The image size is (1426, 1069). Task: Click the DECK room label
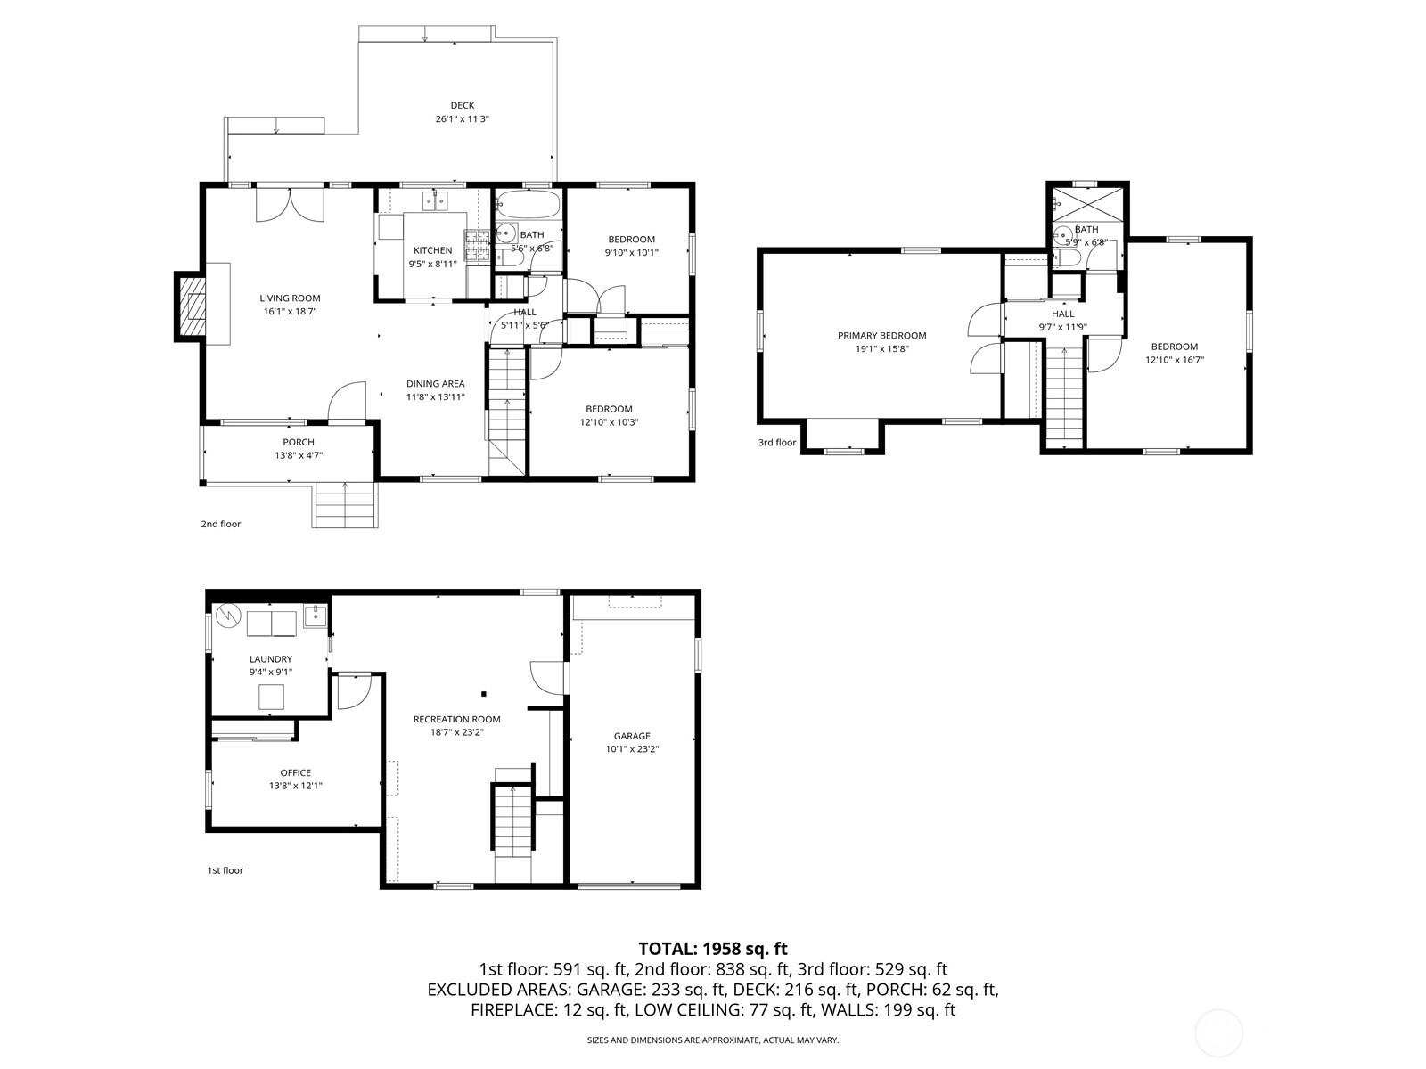(x=462, y=105)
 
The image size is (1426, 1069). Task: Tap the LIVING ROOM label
(x=290, y=298)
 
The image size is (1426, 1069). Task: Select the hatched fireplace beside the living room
(x=191, y=306)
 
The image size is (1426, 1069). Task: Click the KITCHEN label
(x=432, y=250)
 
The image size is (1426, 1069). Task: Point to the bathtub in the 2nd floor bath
(x=528, y=204)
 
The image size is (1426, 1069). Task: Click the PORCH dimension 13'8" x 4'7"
(x=299, y=455)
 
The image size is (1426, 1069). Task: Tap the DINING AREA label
(x=435, y=383)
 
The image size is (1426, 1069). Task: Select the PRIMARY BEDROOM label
(x=881, y=335)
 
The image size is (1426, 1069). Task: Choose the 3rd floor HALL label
(x=1063, y=314)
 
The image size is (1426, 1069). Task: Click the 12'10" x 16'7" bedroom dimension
(x=1175, y=360)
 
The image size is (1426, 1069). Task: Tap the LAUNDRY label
(x=270, y=659)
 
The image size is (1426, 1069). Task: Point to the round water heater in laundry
(x=229, y=616)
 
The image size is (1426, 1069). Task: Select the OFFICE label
(x=296, y=772)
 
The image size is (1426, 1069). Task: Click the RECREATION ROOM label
(x=456, y=719)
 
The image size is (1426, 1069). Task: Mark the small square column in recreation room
(x=484, y=694)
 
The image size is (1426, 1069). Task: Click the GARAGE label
(x=632, y=736)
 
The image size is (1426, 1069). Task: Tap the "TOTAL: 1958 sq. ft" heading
(x=713, y=948)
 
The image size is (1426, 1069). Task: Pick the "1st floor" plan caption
(x=225, y=869)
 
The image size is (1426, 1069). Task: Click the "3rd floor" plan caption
(x=777, y=442)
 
